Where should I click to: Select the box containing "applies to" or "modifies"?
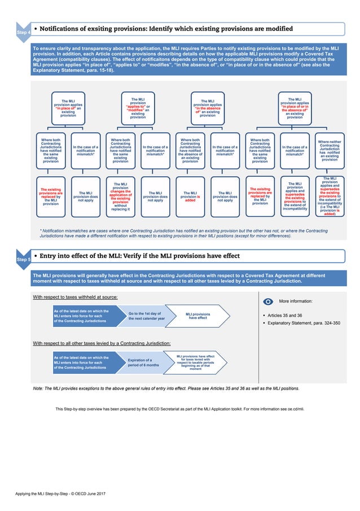point(138,107)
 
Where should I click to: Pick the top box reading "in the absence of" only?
point(208,107)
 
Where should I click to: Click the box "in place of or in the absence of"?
point(295,107)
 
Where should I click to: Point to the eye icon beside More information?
point(268,302)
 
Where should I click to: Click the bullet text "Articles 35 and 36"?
point(285,315)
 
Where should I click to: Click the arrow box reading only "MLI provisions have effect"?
point(198,316)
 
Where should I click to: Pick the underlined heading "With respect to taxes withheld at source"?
point(75,296)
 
